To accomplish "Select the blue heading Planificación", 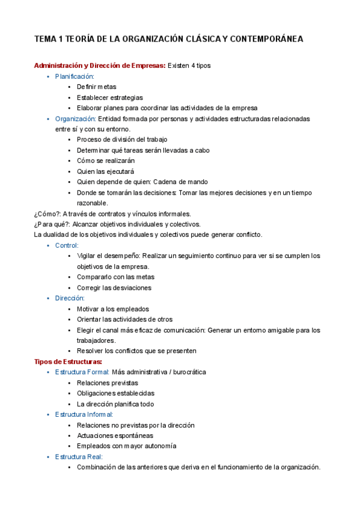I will [x=75, y=76].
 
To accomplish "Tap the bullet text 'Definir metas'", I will [x=97, y=87].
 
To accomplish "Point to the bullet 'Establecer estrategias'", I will [x=110, y=97].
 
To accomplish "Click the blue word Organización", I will [x=75, y=119].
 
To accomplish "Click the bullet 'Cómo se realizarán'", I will [x=106, y=161].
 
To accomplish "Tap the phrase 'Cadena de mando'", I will [x=182, y=182].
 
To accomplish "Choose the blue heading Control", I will [x=67, y=245].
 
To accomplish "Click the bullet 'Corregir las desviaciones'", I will [x=114, y=287].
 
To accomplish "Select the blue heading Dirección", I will [x=70, y=298].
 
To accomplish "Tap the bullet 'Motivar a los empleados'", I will [x=113, y=309].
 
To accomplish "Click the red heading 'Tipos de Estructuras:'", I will [x=68, y=361].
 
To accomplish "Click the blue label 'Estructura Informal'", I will [x=84, y=414].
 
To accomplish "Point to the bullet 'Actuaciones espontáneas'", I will [x=115, y=435].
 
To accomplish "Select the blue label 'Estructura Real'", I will [x=78, y=456].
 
